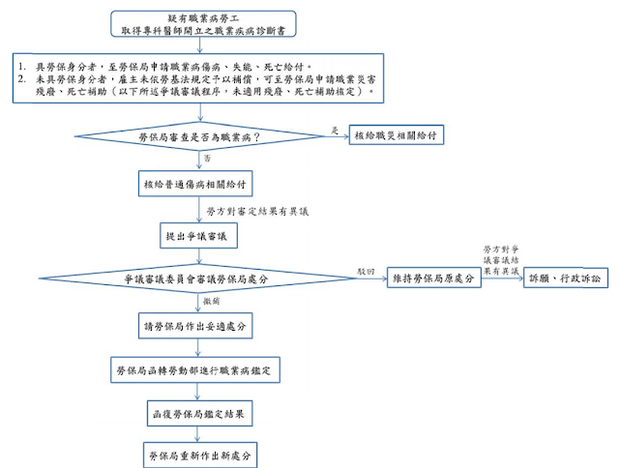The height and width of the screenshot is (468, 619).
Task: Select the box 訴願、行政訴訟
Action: coord(562,278)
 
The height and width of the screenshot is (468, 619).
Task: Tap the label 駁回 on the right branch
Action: coord(365,271)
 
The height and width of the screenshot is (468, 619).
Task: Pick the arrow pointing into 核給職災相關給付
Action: coord(335,136)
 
